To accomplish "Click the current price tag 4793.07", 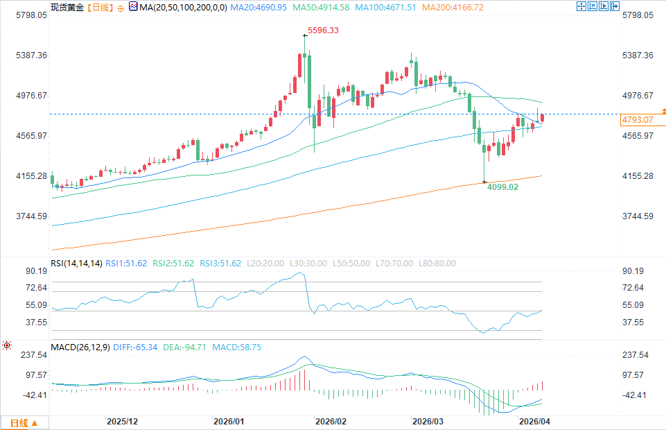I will tap(638, 120).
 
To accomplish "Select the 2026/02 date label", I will tap(331, 421).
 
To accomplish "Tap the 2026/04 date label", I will tap(534, 421).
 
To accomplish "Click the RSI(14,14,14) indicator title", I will tap(77, 264).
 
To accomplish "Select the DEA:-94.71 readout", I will tap(185, 347).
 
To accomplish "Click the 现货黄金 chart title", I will tap(68, 8).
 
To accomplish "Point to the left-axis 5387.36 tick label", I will tap(31, 55).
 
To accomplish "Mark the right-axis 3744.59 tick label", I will tap(639, 216).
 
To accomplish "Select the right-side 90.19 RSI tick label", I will tap(634, 270).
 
